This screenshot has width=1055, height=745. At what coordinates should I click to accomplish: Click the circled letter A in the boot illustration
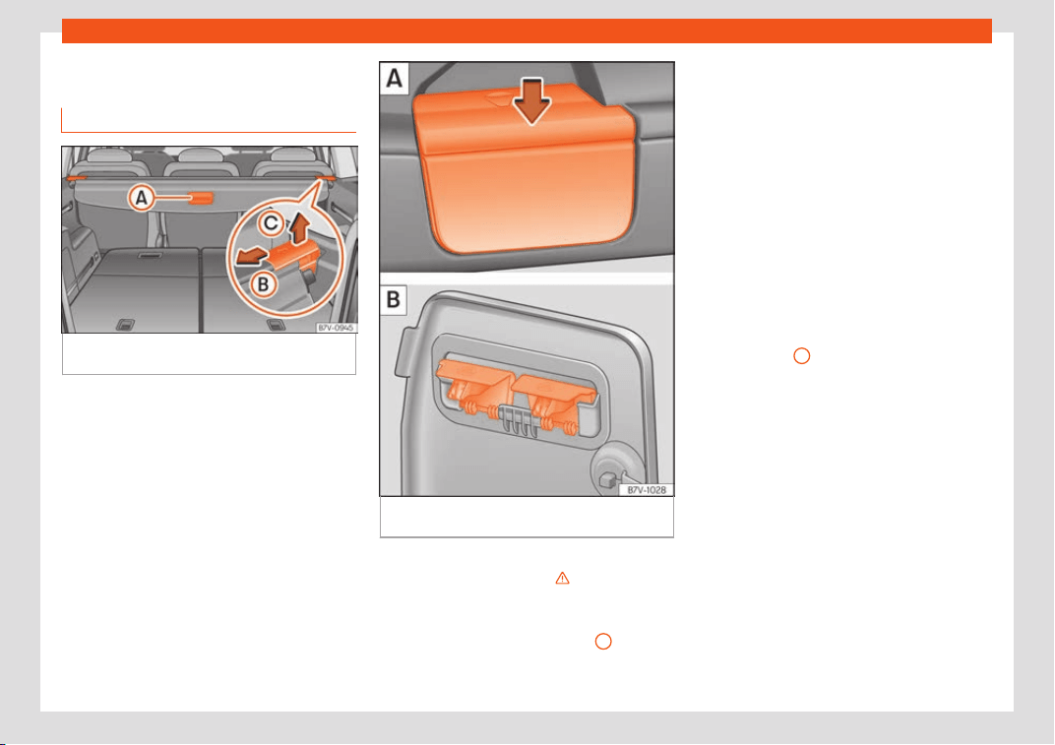[x=142, y=198]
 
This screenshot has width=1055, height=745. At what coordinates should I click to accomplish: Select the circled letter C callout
[x=271, y=222]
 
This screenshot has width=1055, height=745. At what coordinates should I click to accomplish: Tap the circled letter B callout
[x=263, y=284]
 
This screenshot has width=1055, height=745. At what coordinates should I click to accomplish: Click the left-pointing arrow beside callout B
[x=250, y=257]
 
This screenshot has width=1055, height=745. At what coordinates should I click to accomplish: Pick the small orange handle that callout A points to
[x=201, y=198]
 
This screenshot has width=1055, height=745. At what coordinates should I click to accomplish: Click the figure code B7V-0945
[x=336, y=328]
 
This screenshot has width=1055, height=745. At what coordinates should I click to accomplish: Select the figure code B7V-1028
[x=647, y=490]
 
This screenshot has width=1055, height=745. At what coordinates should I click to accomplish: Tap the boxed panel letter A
[x=395, y=79]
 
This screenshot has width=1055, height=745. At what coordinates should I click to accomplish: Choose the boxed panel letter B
[x=394, y=299]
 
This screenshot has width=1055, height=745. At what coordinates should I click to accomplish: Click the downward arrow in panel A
[x=532, y=101]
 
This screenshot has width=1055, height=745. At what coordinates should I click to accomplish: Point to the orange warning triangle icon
[x=563, y=578]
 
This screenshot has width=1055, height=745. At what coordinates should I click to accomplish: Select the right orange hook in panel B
[x=554, y=396]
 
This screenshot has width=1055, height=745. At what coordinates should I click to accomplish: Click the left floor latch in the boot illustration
[x=125, y=325]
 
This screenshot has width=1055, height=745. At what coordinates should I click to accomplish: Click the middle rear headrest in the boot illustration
[x=201, y=155]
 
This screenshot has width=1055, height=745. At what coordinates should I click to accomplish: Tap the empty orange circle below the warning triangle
[x=603, y=642]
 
